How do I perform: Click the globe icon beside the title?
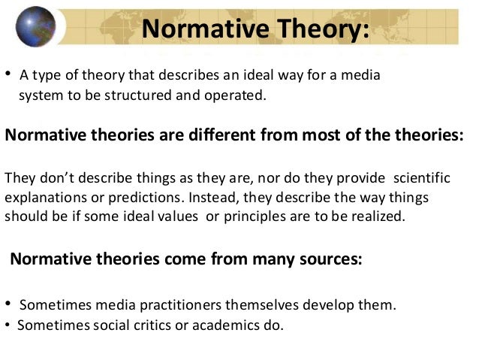[x=35, y=27]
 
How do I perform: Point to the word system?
[x=38, y=96]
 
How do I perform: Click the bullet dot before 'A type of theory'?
[x=8, y=74]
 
